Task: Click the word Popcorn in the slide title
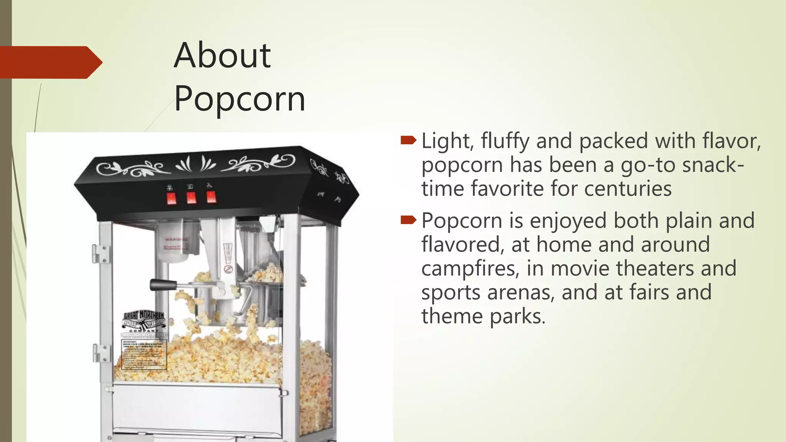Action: tap(239, 99)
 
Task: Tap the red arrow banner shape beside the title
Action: tap(50, 62)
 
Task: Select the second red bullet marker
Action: tap(408, 220)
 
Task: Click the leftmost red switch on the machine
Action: tap(171, 199)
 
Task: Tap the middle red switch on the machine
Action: tap(191, 198)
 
